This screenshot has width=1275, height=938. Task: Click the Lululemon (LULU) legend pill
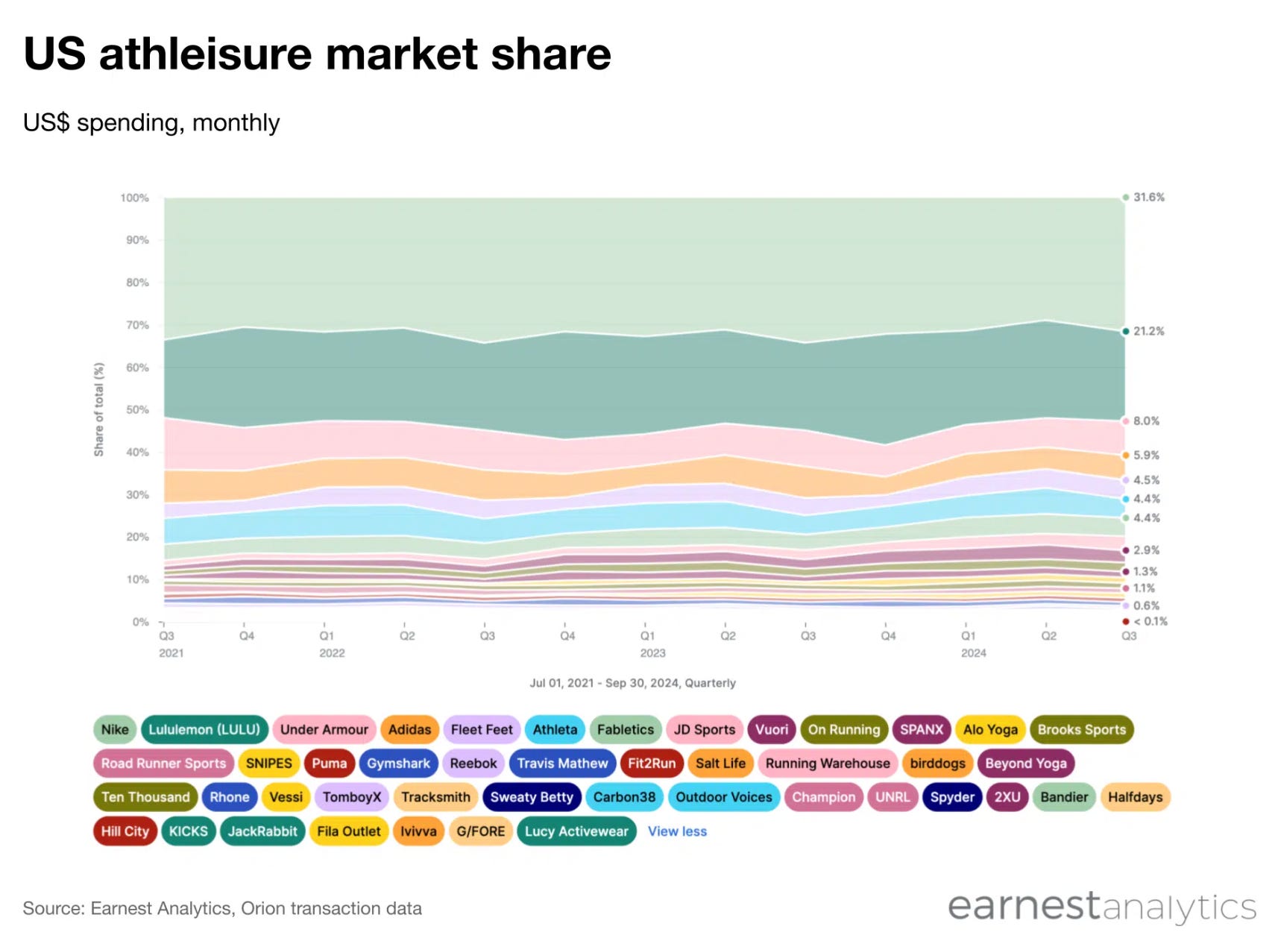coord(204,729)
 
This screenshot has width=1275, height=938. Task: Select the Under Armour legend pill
coord(324,729)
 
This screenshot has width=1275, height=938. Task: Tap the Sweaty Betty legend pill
coord(531,797)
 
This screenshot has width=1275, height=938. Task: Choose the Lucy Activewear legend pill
coord(576,831)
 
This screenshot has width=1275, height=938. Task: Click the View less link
coord(677,831)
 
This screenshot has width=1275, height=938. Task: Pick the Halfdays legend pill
coord(1135,797)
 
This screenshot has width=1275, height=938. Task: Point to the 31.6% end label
coord(1148,198)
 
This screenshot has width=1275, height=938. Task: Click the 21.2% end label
coord(1148,331)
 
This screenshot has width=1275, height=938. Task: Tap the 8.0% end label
coord(1146,421)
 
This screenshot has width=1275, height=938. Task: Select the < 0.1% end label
coord(1150,621)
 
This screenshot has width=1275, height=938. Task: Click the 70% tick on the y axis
coord(137,325)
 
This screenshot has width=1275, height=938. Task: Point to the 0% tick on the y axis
coord(140,622)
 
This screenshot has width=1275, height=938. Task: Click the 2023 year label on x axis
coord(652,653)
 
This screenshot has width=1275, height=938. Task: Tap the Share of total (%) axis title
coord(99,409)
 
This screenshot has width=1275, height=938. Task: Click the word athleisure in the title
coord(204,54)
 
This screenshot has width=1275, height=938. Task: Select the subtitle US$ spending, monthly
coord(151,122)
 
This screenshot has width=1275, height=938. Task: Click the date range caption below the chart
coord(632,683)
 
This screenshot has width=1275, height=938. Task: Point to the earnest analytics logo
coord(1101,907)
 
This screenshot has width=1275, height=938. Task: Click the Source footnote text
coord(222,908)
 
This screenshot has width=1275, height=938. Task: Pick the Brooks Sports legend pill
coord(1081,729)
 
